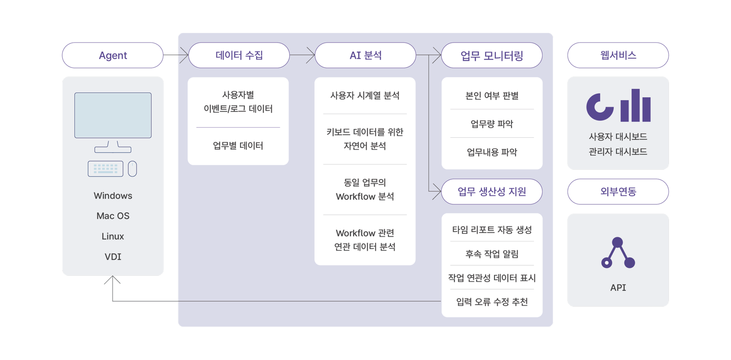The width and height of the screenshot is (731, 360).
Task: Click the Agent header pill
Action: click(x=113, y=55)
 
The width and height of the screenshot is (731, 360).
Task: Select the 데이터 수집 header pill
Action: click(x=239, y=55)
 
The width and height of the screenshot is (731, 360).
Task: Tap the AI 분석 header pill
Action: click(x=365, y=55)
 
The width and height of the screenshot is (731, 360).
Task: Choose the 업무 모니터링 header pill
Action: click(x=491, y=56)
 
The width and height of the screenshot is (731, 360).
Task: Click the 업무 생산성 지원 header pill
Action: click(x=491, y=192)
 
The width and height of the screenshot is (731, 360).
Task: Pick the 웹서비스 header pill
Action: click(x=618, y=55)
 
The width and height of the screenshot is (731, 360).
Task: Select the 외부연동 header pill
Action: click(x=618, y=192)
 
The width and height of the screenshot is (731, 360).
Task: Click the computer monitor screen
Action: click(x=113, y=115)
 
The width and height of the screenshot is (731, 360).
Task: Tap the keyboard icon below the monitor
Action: click(x=106, y=169)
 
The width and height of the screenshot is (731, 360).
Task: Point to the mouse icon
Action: click(x=132, y=169)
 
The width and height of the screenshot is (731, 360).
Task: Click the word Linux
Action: click(x=113, y=236)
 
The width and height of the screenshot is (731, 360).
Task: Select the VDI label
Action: click(x=113, y=257)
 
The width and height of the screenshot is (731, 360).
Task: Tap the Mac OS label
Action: click(x=113, y=216)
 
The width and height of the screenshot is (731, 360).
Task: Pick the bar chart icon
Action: click(x=635, y=106)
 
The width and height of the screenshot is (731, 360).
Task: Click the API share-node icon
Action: click(x=618, y=253)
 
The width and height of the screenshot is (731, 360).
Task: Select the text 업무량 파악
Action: click(x=491, y=124)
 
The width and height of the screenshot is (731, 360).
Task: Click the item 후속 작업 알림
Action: click(x=491, y=254)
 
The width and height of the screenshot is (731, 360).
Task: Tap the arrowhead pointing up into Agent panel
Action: click(x=112, y=280)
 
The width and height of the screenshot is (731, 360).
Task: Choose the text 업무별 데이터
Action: click(x=238, y=146)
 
